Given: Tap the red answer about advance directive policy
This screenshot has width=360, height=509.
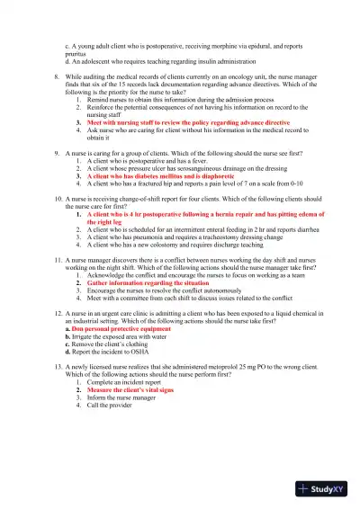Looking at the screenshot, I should click(x=188, y=121).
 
